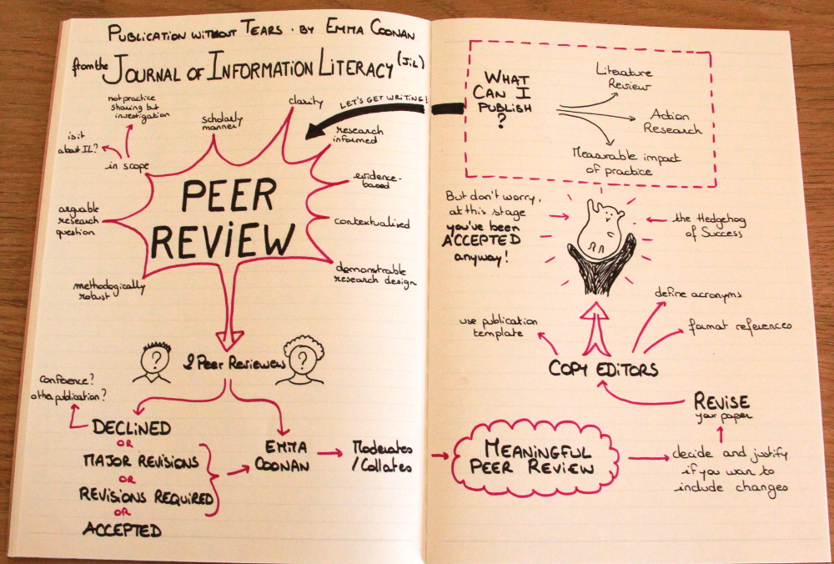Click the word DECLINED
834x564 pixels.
[132, 428]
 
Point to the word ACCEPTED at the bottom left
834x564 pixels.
[121, 528]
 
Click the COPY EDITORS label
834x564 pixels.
[604, 368]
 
